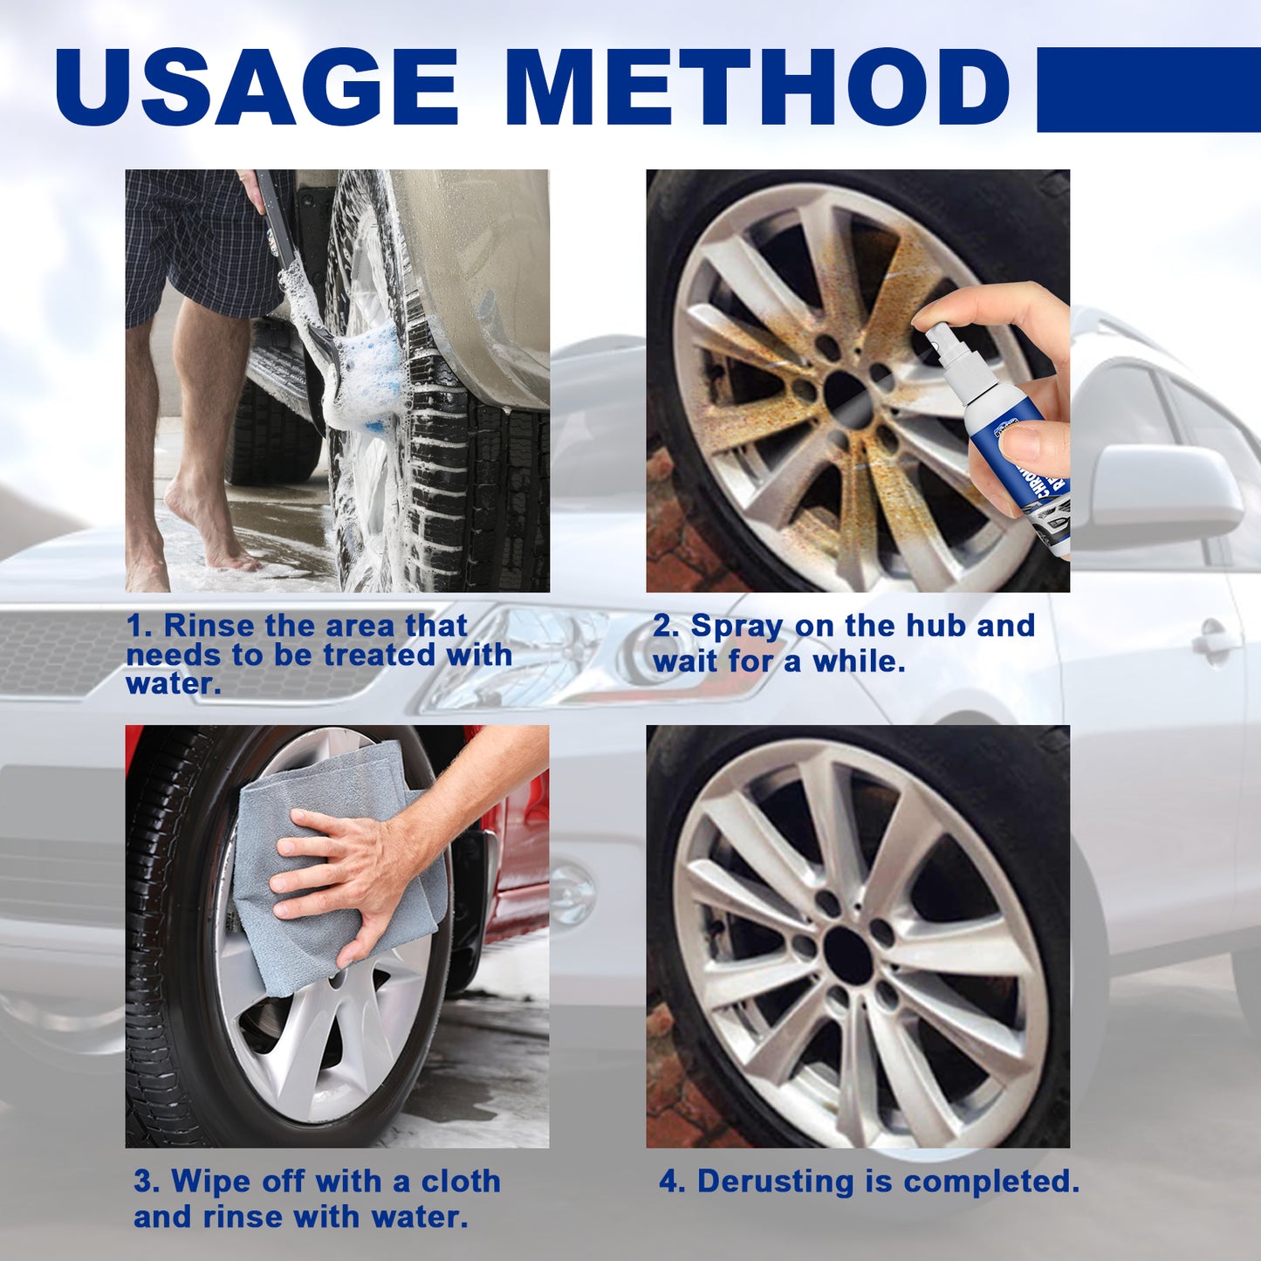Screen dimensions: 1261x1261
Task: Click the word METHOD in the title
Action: pyautogui.click(x=757, y=86)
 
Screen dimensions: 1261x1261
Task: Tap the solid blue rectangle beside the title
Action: pyautogui.click(x=1148, y=89)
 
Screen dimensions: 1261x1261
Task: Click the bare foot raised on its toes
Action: pyautogui.click(x=209, y=532)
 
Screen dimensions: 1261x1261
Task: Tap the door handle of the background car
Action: pyautogui.click(x=1216, y=641)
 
